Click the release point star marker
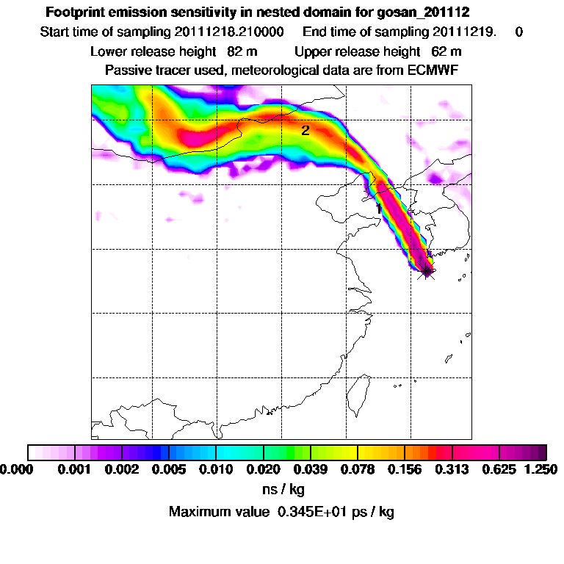pos(426,272)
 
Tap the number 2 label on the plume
pos(305,131)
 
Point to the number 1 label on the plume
pos(378,209)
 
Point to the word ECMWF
pos(434,70)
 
